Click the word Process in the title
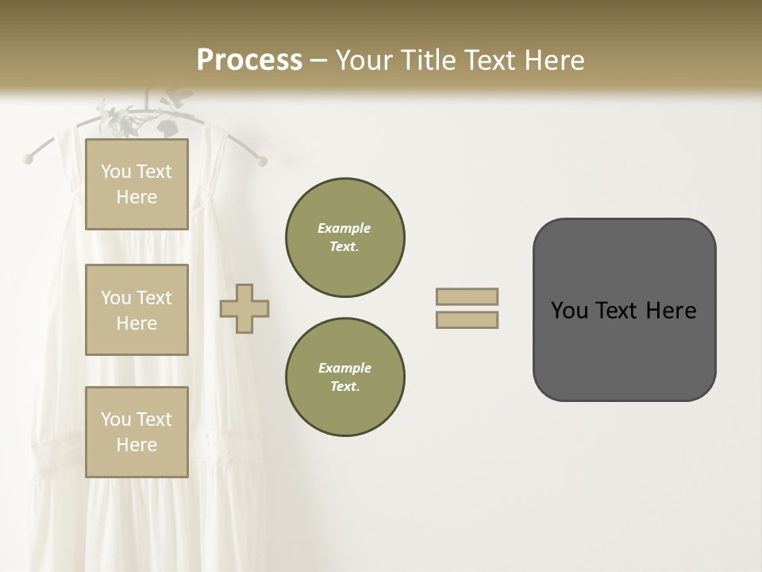pos(249,60)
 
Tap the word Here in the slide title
pos(552,60)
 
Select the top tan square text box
pos(137,184)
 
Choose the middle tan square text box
pos(137,310)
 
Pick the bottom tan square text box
pos(137,432)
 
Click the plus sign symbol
pos(244,307)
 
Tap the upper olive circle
pos(345,238)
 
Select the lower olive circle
pos(345,377)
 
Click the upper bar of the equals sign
pos(467,296)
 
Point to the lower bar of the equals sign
pos(467,319)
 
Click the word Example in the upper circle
pos(344,228)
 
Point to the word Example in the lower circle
pos(344,368)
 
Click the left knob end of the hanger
pos(29,158)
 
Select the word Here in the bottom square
pos(137,445)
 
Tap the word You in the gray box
pos(569,311)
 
